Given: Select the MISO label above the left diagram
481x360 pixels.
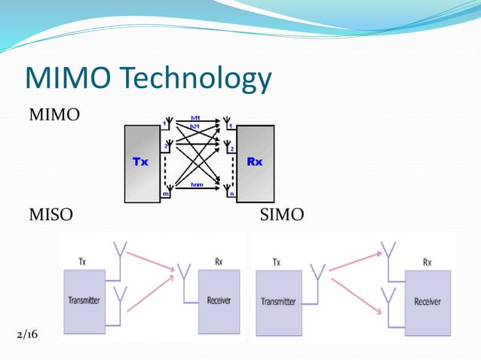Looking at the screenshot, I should pyautogui.click(x=51, y=216).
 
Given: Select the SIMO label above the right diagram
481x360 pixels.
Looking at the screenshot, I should pyautogui.click(x=281, y=216).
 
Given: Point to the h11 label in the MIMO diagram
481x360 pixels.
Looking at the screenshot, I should pyautogui.click(x=195, y=118).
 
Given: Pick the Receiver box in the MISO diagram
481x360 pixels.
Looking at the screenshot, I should pyautogui.click(x=219, y=301).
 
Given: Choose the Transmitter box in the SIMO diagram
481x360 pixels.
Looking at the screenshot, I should pyautogui.click(x=279, y=303).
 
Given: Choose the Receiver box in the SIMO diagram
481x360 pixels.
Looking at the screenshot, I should pyautogui.click(x=427, y=303).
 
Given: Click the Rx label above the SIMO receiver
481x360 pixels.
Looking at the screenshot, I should pyautogui.click(x=427, y=262).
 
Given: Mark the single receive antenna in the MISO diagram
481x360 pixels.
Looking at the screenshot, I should pyautogui.click(x=183, y=275).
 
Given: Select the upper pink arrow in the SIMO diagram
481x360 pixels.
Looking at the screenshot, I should pyautogui.click(x=354, y=261).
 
